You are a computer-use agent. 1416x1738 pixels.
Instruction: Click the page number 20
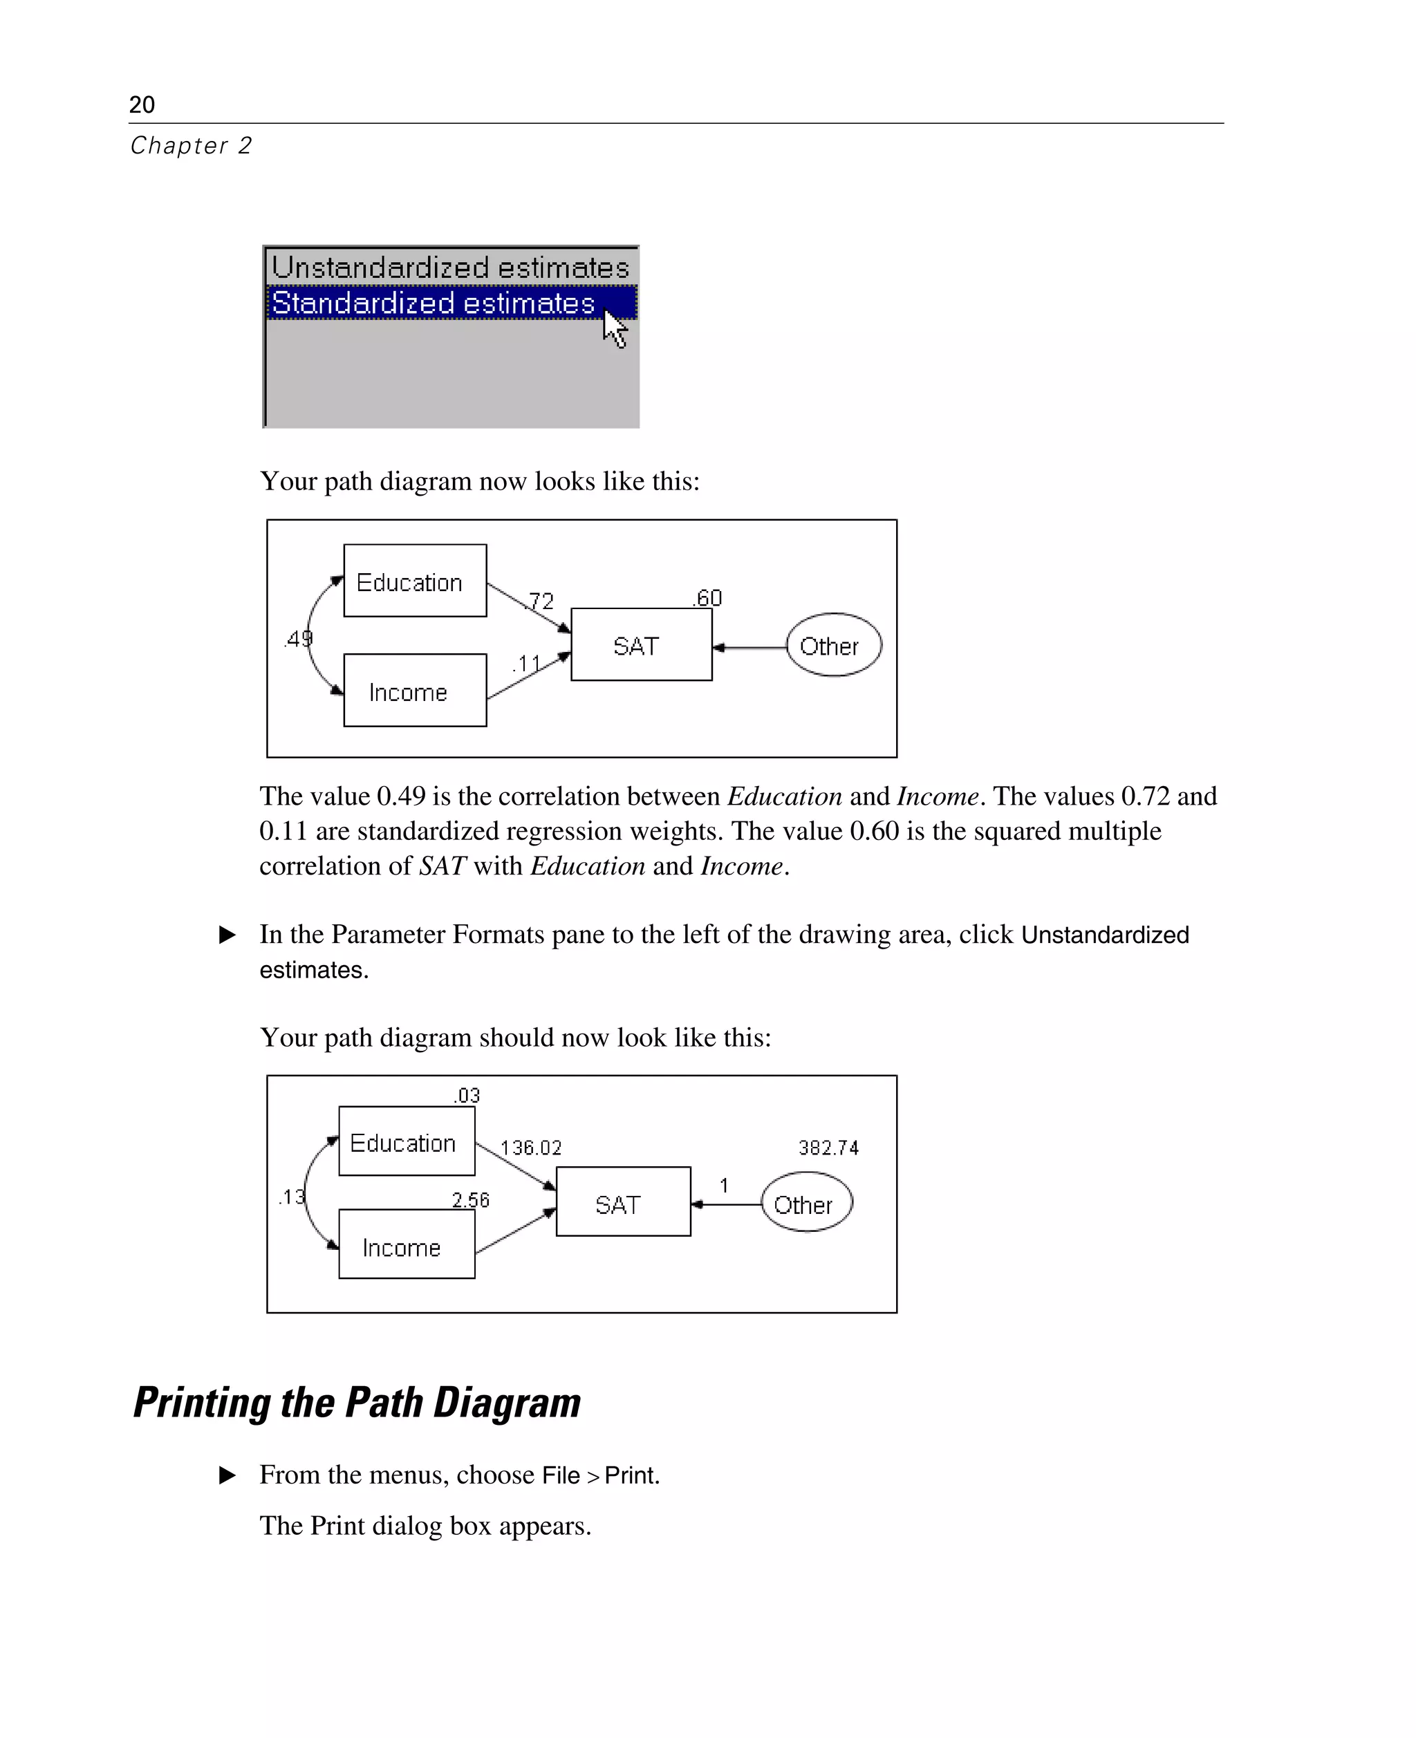coord(142,104)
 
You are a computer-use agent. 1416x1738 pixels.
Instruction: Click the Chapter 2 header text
coord(191,145)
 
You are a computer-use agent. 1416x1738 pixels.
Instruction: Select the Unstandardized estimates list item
coord(449,268)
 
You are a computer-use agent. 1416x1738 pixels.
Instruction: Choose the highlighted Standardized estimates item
coord(433,303)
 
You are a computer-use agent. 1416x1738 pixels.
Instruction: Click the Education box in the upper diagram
coord(414,581)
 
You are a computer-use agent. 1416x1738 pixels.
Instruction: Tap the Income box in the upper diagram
coord(414,690)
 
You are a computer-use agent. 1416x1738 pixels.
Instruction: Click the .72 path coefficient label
coord(540,601)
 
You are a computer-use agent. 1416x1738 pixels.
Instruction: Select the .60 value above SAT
coord(707,598)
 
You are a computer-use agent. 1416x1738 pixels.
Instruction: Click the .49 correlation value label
coord(299,639)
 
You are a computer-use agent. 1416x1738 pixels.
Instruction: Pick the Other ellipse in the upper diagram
coord(832,645)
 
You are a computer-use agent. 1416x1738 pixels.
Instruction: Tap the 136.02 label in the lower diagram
coord(531,1148)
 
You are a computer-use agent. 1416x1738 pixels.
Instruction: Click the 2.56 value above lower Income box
coord(471,1199)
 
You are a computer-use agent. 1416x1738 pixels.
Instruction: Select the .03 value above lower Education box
coord(467,1095)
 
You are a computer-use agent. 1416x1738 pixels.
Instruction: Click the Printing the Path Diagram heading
coord(357,1403)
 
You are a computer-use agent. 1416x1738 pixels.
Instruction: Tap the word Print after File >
coord(631,1475)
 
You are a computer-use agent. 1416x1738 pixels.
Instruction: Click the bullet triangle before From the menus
coord(227,1475)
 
